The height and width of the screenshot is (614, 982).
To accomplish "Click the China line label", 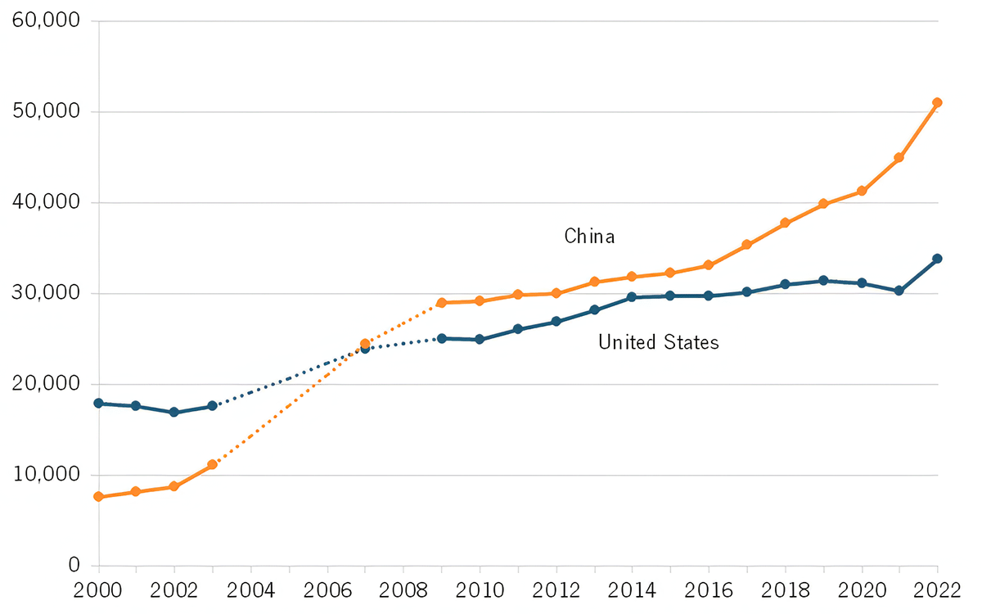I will coord(589,237).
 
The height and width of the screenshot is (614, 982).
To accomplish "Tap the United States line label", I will coord(658,342).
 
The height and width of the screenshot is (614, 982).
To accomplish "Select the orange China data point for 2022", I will coord(938,102).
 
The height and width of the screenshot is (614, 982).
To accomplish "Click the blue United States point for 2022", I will coord(938,259).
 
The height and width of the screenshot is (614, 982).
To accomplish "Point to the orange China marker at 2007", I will coord(365,344).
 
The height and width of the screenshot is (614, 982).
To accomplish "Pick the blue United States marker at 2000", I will coord(98,403).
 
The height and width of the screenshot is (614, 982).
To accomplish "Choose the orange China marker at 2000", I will coord(98,497).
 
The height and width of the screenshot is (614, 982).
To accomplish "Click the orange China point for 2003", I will coord(213,464).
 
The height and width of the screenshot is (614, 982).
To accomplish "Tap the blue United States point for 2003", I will coord(213,406).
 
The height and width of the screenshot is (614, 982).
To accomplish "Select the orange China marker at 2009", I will coord(441,303).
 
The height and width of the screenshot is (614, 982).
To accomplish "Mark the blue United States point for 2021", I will coord(899,291).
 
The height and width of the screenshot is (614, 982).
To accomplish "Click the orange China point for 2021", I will coord(899,157).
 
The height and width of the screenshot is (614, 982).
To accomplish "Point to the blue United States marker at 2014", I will coord(633,297).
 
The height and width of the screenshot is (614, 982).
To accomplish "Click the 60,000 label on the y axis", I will coord(47,20).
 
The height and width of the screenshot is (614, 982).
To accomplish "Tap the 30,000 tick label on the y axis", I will coord(47,293).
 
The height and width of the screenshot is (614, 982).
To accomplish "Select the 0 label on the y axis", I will coord(73,566).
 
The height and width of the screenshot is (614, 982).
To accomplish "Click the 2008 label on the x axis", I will coord(403,590).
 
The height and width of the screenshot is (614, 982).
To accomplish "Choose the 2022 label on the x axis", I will coord(937,590).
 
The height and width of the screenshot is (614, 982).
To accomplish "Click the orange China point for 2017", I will coord(746,244).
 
